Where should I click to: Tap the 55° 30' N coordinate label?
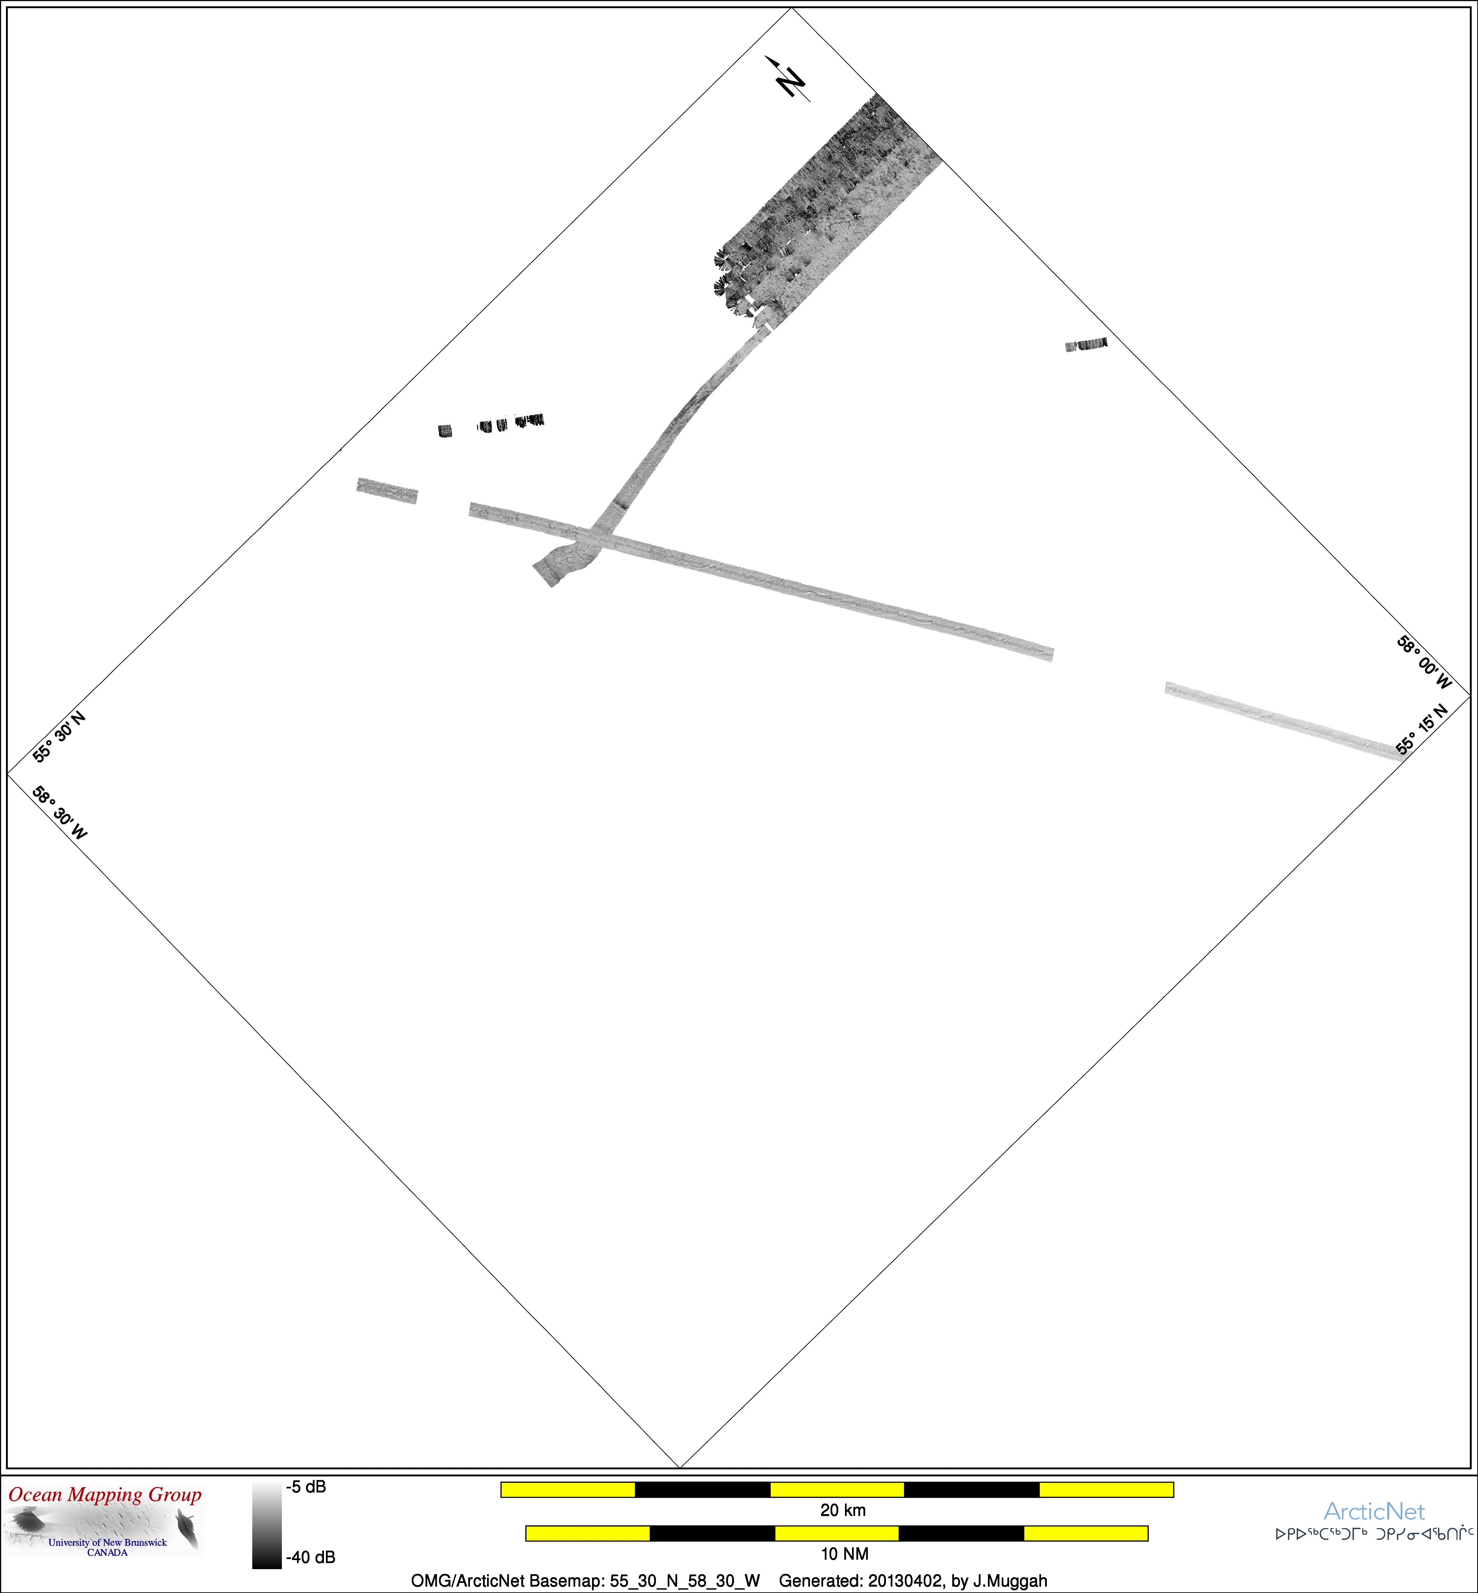59,736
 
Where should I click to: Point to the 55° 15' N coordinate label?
1422,729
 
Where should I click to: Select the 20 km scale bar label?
843,1510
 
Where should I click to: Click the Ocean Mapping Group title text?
105,1494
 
